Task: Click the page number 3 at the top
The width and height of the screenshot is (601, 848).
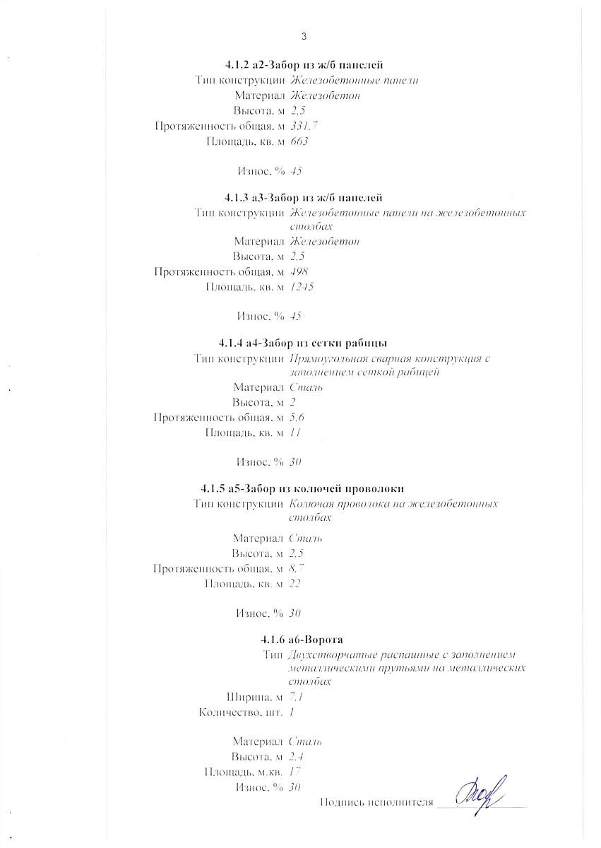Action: pos(304,36)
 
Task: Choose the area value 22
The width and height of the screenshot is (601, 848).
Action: pos(296,583)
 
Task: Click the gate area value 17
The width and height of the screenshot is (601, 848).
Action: pos(295,772)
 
